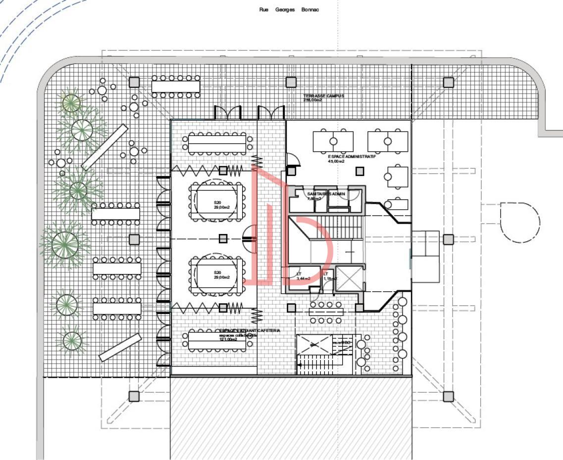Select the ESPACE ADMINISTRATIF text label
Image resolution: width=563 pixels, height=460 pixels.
pyautogui.click(x=352, y=158)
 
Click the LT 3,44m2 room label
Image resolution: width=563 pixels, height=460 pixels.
pyautogui.click(x=303, y=276)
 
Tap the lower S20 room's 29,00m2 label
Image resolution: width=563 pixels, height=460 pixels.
pyautogui.click(x=217, y=275)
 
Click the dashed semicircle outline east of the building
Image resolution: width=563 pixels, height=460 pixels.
pyautogui.click(x=520, y=222)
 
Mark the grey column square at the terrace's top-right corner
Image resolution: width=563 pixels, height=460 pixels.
pyautogui.click(x=448, y=82)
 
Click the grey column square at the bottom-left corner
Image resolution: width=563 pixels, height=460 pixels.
pyautogui.click(x=134, y=396)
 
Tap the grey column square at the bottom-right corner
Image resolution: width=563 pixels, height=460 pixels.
pyautogui.click(x=448, y=396)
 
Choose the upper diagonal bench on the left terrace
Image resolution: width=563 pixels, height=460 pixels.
pyautogui.click(x=104, y=147)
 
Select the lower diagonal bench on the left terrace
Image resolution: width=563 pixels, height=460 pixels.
pyautogui.click(x=120, y=347)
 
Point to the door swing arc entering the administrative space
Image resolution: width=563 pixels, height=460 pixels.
pyautogui.click(x=293, y=159)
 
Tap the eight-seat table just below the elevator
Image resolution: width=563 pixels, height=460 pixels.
pyautogui.click(x=326, y=313)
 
